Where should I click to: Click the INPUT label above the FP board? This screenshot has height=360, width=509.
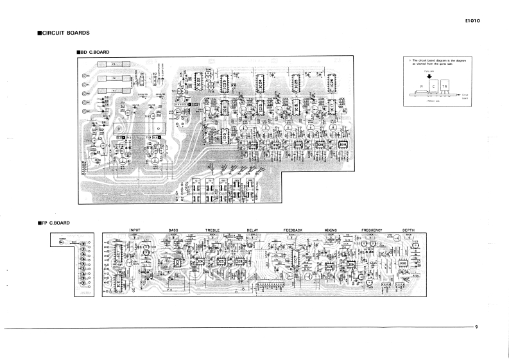[135, 229]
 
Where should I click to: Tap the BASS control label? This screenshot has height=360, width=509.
[173, 229]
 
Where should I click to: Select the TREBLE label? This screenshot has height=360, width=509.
[212, 229]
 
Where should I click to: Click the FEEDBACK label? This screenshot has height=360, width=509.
[293, 229]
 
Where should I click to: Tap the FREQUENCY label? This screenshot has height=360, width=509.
[372, 229]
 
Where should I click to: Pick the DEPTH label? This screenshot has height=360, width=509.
[409, 229]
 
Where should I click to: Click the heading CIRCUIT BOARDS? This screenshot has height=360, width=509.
[65, 33]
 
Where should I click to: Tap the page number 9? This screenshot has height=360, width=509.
[477, 327]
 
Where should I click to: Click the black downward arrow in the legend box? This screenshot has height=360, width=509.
[429, 75]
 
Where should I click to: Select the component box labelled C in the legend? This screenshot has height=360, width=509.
[434, 86]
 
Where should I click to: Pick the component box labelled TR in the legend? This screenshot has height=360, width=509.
[444, 86]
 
